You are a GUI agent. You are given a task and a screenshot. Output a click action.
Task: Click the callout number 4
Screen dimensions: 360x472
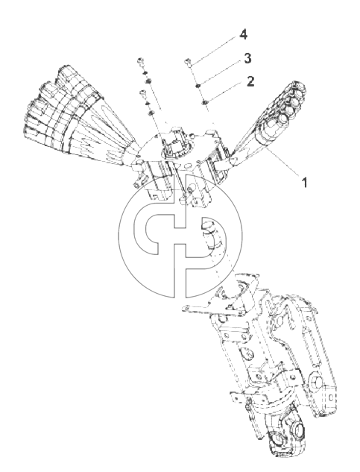click(x=243, y=35)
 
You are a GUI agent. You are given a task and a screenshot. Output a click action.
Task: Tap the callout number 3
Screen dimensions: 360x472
click(x=247, y=58)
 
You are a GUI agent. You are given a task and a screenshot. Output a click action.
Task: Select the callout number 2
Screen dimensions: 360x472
click(x=250, y=81)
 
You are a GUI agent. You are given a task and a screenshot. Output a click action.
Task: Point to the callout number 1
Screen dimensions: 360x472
click(x=305, y=183)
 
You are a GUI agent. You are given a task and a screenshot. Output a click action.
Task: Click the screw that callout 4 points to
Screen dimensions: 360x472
click(x=188, y=63)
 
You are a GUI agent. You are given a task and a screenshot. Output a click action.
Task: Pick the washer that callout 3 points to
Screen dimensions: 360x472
click(x=198, y=86)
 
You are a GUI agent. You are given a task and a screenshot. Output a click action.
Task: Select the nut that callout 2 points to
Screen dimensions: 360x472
click(x=204, y=103)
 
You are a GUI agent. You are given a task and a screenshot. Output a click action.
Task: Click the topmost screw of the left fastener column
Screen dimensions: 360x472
click(x=139, y=61)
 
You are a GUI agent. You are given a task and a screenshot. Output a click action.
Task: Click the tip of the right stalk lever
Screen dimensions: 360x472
click(x=299, y=87)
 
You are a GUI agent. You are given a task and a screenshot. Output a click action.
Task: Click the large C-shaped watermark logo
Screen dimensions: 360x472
click(x=180, y=236)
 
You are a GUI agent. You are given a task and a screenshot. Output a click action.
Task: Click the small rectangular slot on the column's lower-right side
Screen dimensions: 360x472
click(x=331, y=398)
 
